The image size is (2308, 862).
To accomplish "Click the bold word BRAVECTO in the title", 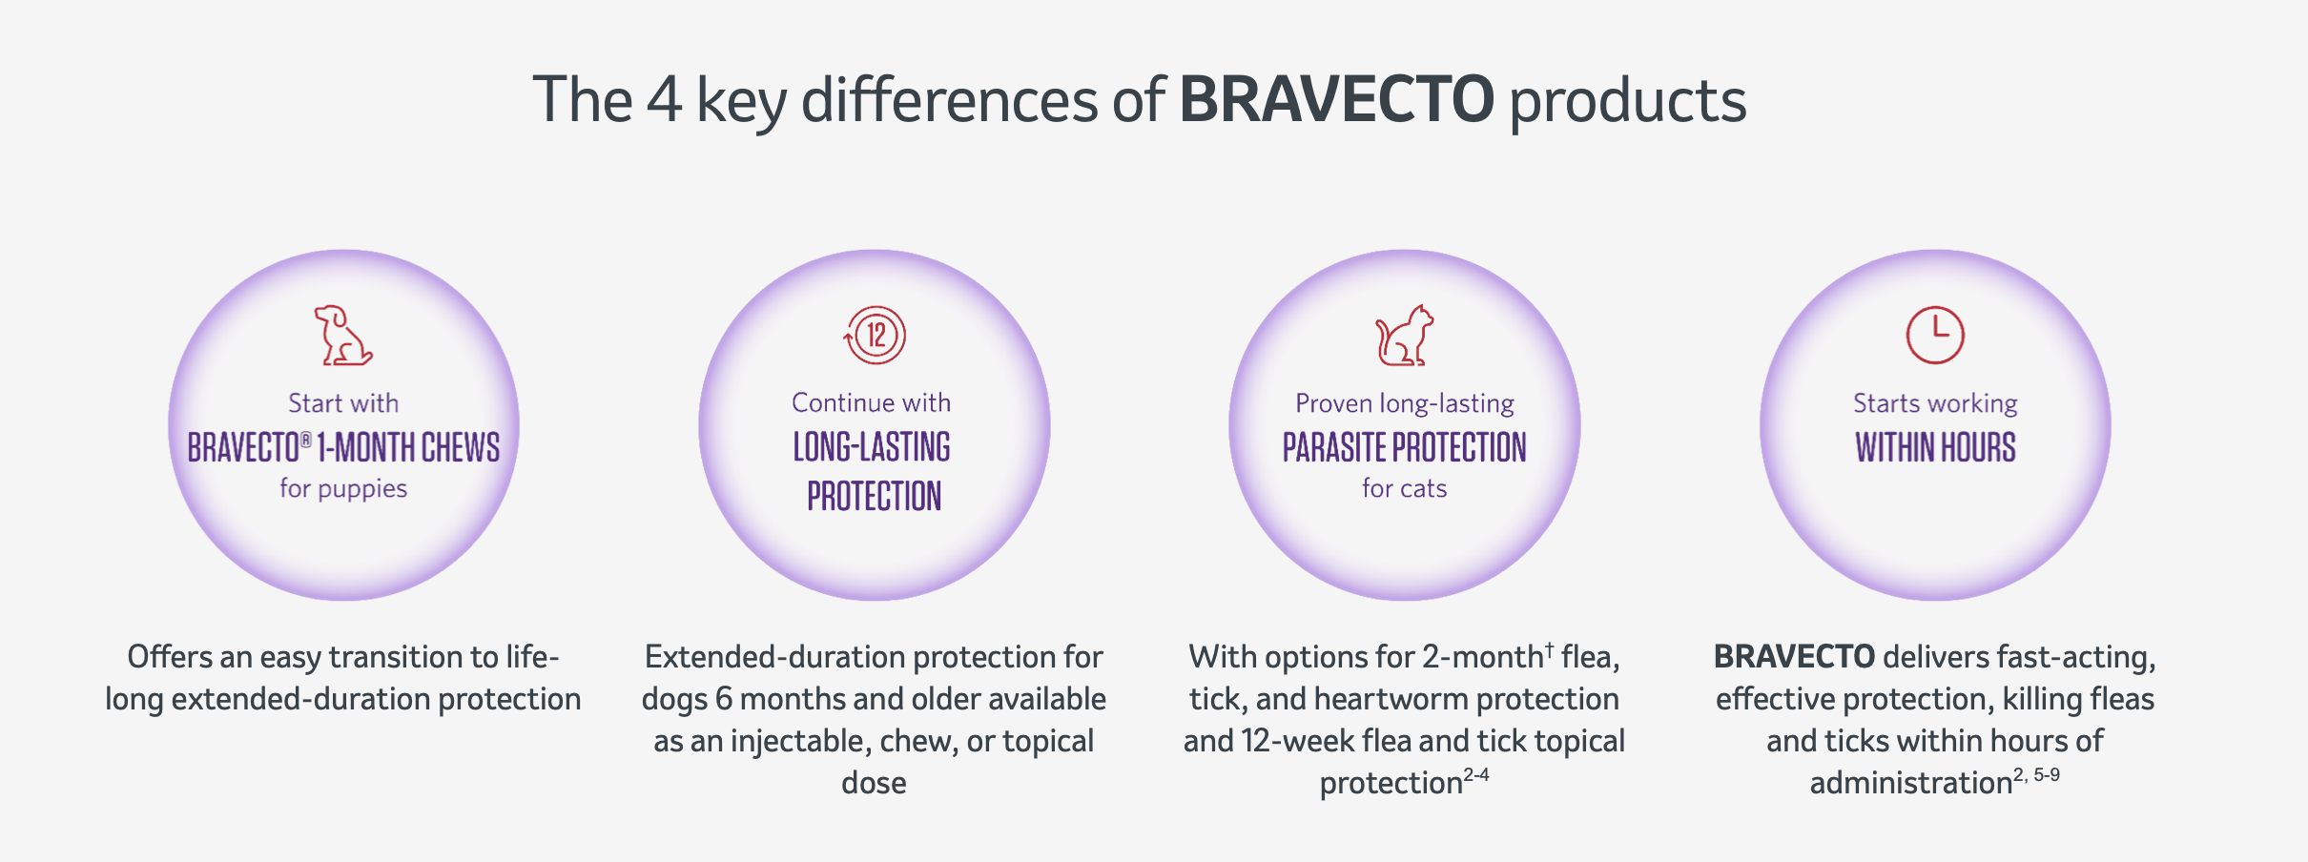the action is point(1336,99).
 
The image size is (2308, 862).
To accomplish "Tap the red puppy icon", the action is point(343,335).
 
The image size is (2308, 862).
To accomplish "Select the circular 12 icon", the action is point(875,335).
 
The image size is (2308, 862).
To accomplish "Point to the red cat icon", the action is point(1404,335).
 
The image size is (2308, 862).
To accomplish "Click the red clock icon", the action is point(1935,335).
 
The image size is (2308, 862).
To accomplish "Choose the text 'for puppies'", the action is point(343,488).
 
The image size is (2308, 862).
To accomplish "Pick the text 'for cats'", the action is point(1404,488).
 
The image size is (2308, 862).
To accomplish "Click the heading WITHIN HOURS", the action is point(1935,447).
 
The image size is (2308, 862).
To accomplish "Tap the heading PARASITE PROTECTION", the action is point(1404,447).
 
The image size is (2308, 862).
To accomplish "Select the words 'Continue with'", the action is point(871,402).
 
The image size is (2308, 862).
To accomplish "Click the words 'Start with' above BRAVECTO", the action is point(343,402).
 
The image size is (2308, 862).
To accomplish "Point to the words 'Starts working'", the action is point(1935,403).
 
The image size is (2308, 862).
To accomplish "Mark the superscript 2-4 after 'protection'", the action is point(1476,774).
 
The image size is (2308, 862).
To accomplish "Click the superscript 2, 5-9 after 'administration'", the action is point(2036,774).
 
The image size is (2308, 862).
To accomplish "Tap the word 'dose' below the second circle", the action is point(874,783).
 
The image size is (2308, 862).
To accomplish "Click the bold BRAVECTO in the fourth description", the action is point(1794,656).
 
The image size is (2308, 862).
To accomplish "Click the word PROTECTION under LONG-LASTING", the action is point(874,497).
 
